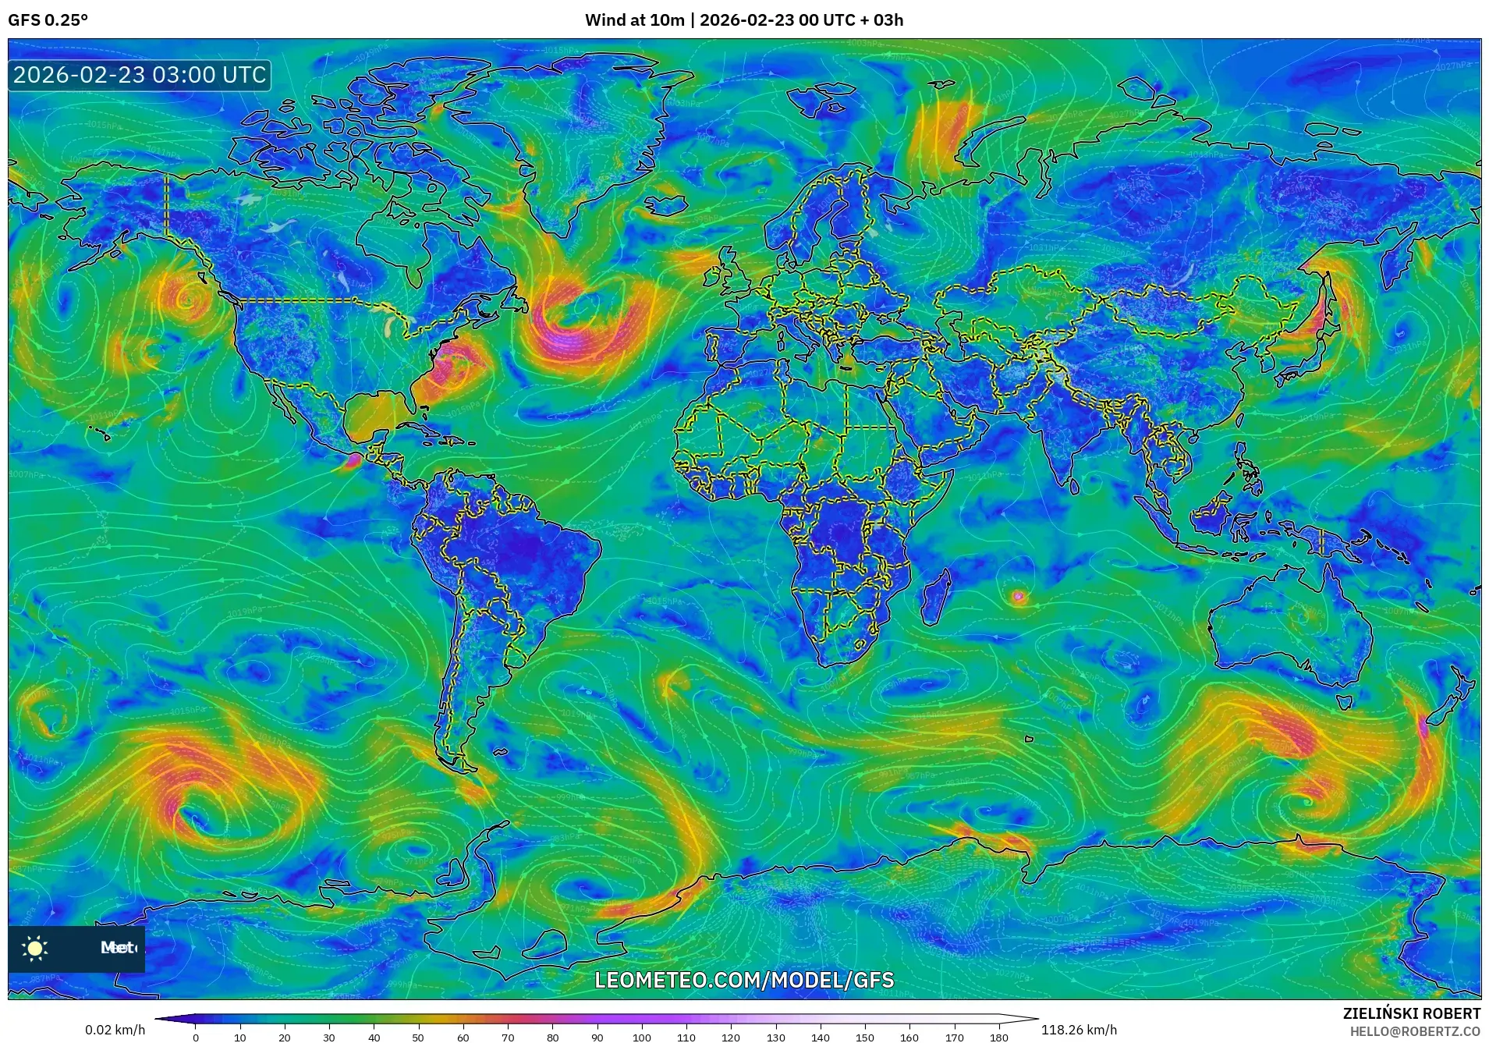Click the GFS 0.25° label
point(48,20)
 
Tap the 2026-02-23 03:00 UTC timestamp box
point(140,76)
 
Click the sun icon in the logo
point(35,948)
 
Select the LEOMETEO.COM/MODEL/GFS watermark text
point(744,980)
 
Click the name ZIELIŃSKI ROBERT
point(1411,1013)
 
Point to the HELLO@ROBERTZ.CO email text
point(1415,1031)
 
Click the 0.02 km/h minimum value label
point(115,1030)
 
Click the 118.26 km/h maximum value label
point(1079,1030)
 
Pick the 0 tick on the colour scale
point(196,1037)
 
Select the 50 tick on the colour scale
point(418,1037)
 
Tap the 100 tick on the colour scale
point(642,1037)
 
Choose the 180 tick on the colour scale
point(999,1037)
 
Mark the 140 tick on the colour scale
point(821,1037)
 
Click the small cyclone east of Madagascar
point(1017,598)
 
